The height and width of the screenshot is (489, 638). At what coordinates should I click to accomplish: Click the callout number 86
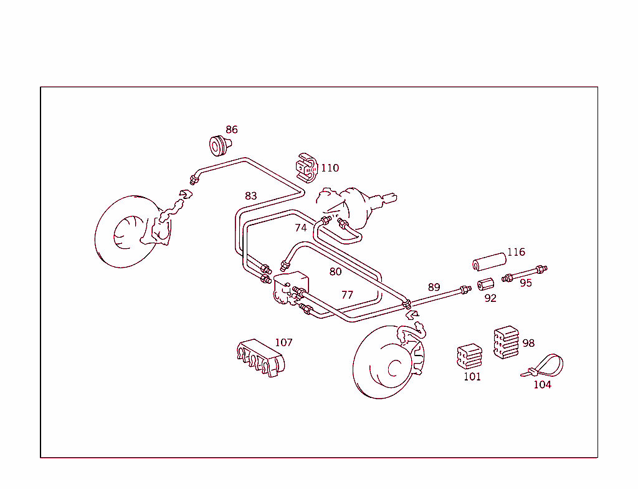[x=231, y=130]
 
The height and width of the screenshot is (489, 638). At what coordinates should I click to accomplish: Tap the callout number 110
[x=330, y=168]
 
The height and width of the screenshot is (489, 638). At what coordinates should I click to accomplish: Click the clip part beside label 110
[x=306, y=168]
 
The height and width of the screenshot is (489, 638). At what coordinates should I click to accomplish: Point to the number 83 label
[x=250, y=196]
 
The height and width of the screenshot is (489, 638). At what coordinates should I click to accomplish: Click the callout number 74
[x=301, y=228]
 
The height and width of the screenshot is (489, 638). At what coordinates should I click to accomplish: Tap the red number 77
[x=347, y=295]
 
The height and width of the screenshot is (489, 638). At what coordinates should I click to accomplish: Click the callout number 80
[x=336, y=271]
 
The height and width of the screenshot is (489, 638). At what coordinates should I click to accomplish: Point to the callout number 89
[x=434, y=288]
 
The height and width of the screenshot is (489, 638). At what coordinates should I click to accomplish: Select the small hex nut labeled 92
[x=485, y=285]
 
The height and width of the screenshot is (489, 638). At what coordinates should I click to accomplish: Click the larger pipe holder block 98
[x=507, y=342]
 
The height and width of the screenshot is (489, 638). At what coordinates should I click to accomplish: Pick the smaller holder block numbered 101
[x=469, y=356]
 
